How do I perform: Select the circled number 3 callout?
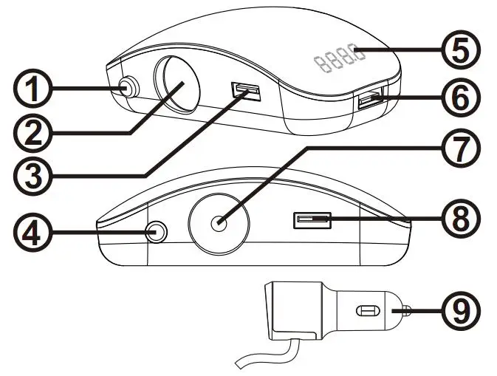[x=32, y=175]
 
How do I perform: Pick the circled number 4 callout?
[x=32, y=233]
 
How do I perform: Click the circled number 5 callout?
[x=462, y=49]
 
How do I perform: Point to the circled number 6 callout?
[x=462, y=97]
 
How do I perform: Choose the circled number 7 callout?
[x=462, y=148]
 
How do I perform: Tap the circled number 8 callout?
[x=462, y=219]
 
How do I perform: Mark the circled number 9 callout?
[x=462, y=311]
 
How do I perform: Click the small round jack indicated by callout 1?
[x=128, y=87]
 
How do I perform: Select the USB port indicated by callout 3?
[x=246, y=89]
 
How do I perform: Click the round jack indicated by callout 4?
[x=157, y=232]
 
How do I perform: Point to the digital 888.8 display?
[x=339, y=58]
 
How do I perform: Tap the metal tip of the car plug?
[x=407, y=310]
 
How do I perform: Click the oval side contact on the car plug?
[x=368, y=311]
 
